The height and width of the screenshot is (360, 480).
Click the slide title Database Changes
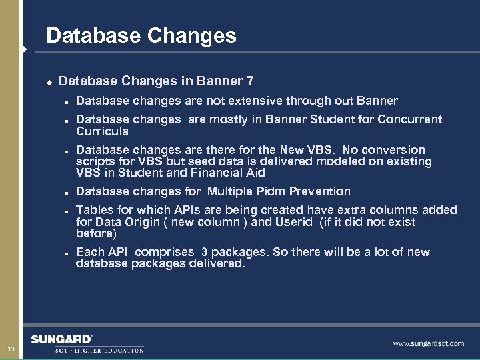point(141,35)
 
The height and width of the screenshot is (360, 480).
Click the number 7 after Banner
point(249,81)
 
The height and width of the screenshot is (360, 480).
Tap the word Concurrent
point(409,120)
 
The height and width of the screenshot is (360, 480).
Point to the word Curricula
point(102,131)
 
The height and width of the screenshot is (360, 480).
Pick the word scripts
point(95,161)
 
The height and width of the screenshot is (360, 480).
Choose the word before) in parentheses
point(96,233)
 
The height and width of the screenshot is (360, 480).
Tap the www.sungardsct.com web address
point(428,343)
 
